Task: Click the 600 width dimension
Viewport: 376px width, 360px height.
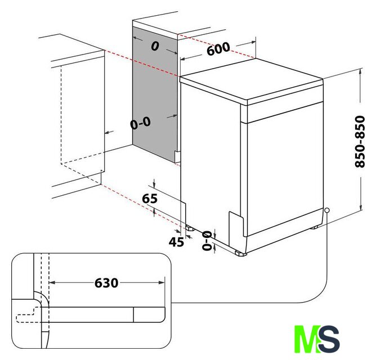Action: point(218,49)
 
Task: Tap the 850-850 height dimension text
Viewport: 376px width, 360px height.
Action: point(360,141)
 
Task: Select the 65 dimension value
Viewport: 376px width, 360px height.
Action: point(150,199)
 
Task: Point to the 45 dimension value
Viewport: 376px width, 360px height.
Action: point(177,242)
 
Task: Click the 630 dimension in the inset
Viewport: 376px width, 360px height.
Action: point(106,283)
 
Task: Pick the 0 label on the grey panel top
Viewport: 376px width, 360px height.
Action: point(155,46)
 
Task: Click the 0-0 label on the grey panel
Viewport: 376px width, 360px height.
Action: point(141,123)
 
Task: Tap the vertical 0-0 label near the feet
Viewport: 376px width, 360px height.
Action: point(207,240)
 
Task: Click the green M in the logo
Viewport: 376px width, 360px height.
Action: point(307,339)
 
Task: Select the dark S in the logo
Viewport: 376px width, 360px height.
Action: point(329,339)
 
